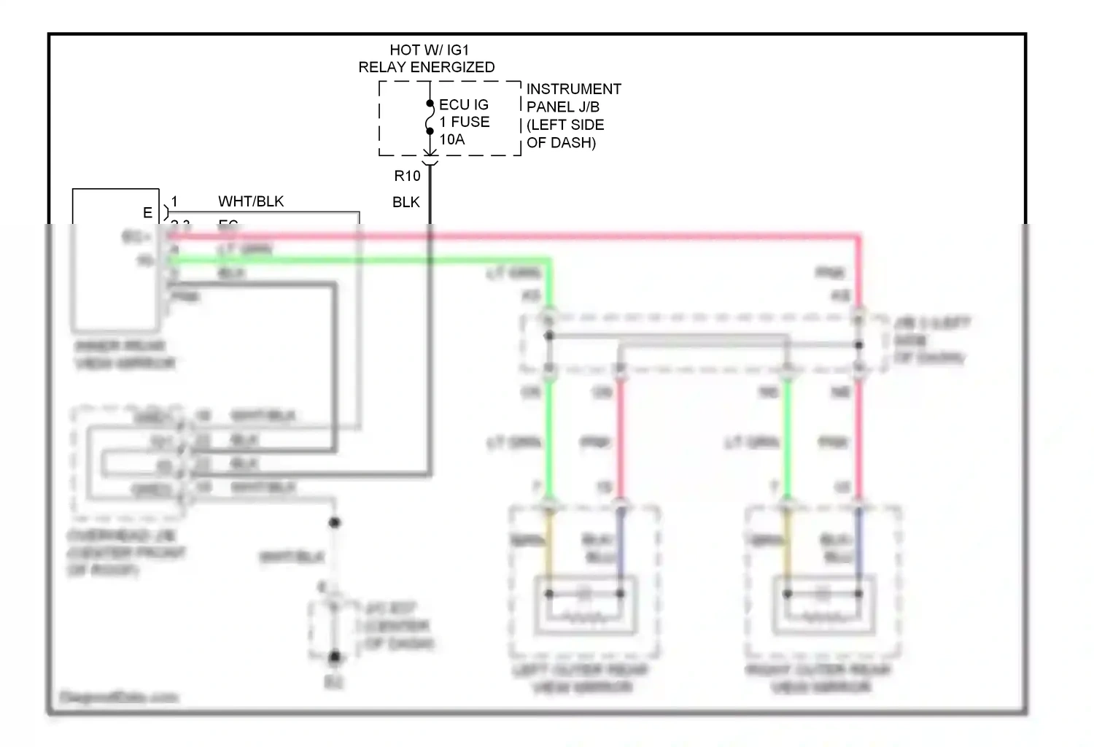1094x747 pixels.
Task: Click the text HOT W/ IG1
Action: (429, 50)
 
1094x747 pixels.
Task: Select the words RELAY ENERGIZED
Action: (426, 67)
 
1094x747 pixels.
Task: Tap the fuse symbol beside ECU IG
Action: (430, 118)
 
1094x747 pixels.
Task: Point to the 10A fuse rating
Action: (451, 139)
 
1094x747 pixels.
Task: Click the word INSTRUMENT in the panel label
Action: (573, 89)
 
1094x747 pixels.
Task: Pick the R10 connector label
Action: (407, 176)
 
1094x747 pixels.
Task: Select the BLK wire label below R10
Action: (406, 202)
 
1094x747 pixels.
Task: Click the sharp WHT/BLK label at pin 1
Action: (251, 201)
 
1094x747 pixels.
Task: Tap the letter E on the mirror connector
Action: (147, 212)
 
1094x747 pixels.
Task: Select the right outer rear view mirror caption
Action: (819, 678)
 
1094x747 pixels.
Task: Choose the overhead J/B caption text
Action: (124, 552)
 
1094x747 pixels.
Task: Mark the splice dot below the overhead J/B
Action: (335, 522)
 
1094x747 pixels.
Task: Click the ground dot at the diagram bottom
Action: (335, 657)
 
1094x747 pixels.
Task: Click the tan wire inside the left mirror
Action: (550, 547)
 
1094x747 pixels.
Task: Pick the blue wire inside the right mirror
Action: (858, 547)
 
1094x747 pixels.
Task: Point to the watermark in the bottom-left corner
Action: (118, 697)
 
